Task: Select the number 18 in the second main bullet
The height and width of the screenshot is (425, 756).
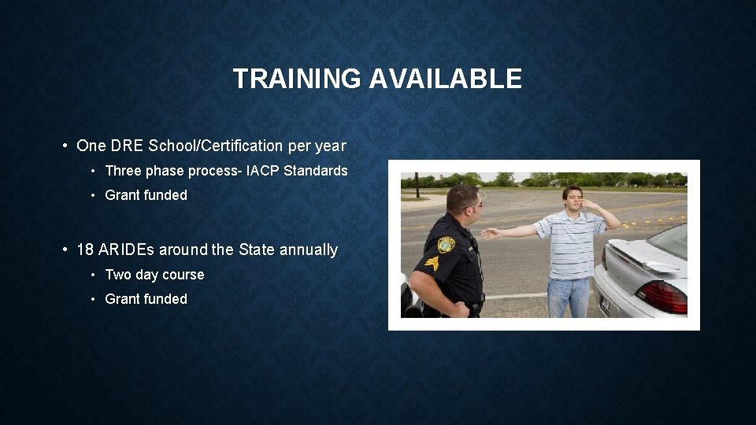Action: [x=85, y=249]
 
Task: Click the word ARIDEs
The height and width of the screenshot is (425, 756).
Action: [x=127, y=249]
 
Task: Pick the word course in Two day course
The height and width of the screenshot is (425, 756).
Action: [x=183, y=275]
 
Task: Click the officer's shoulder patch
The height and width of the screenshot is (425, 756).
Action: [x=447, y=244]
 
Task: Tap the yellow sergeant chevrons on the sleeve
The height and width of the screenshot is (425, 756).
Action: [x=432, y=264]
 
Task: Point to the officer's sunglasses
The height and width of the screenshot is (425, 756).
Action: [x=475, y=204]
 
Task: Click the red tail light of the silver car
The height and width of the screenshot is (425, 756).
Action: [x=661, y=296]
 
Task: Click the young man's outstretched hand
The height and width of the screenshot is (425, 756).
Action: [x=490, y=233]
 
